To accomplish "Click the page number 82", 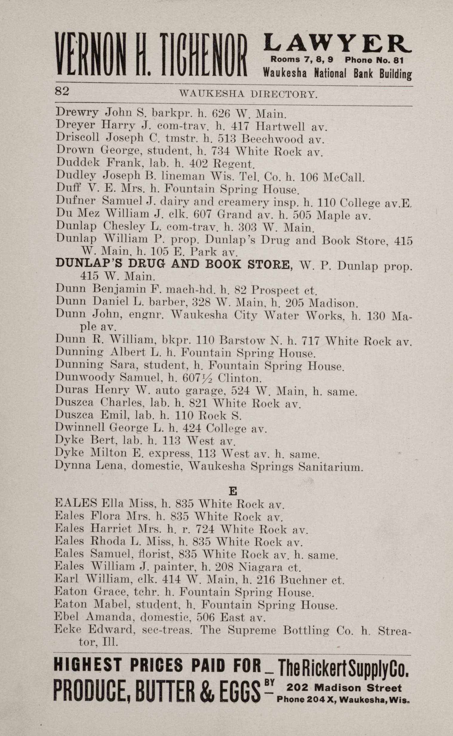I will point(62,91).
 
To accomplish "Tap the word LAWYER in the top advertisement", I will point(337,44).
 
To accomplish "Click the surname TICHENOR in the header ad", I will point(203,55).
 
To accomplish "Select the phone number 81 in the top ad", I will point(398,60).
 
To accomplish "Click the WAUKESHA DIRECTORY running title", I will point(248,95).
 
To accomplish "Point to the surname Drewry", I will point(77,113).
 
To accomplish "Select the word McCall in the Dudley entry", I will point(343,178).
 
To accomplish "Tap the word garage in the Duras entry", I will point(205,391).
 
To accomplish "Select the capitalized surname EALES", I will point(76,503).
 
